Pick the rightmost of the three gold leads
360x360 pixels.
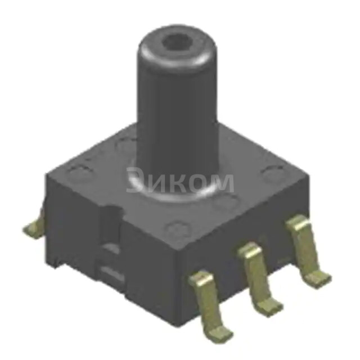pyautogui.click(x=304, y=247)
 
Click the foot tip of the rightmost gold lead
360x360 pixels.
pyautogui.click(x=319, y=276)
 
